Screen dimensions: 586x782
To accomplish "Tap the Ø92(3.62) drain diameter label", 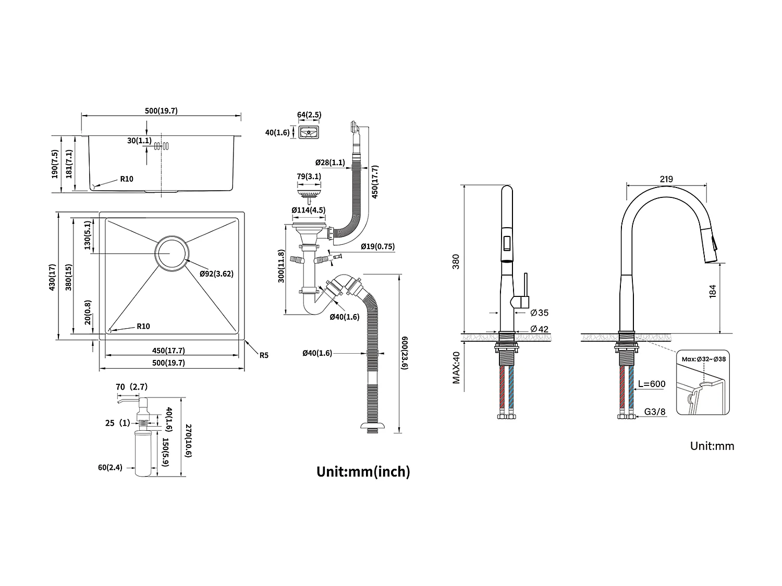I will coord(216,273).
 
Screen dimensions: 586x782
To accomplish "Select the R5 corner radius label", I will coord(264,355).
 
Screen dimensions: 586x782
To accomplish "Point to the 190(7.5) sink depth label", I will coord(54,164).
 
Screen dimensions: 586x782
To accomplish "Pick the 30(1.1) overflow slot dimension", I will coord(139,140).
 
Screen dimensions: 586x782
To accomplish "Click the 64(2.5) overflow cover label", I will coord(309,115).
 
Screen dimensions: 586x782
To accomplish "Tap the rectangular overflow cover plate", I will coord(309,132).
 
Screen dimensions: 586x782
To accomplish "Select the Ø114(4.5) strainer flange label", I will coord(309,210).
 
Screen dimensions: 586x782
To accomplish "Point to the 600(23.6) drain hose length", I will coord(405,353).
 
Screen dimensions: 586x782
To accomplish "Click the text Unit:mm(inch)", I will coord(363,471).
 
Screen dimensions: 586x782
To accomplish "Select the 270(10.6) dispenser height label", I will coord(188,441).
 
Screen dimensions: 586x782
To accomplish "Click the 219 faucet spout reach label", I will coord(666,179).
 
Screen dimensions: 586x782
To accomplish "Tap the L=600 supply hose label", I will coord(652,384).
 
